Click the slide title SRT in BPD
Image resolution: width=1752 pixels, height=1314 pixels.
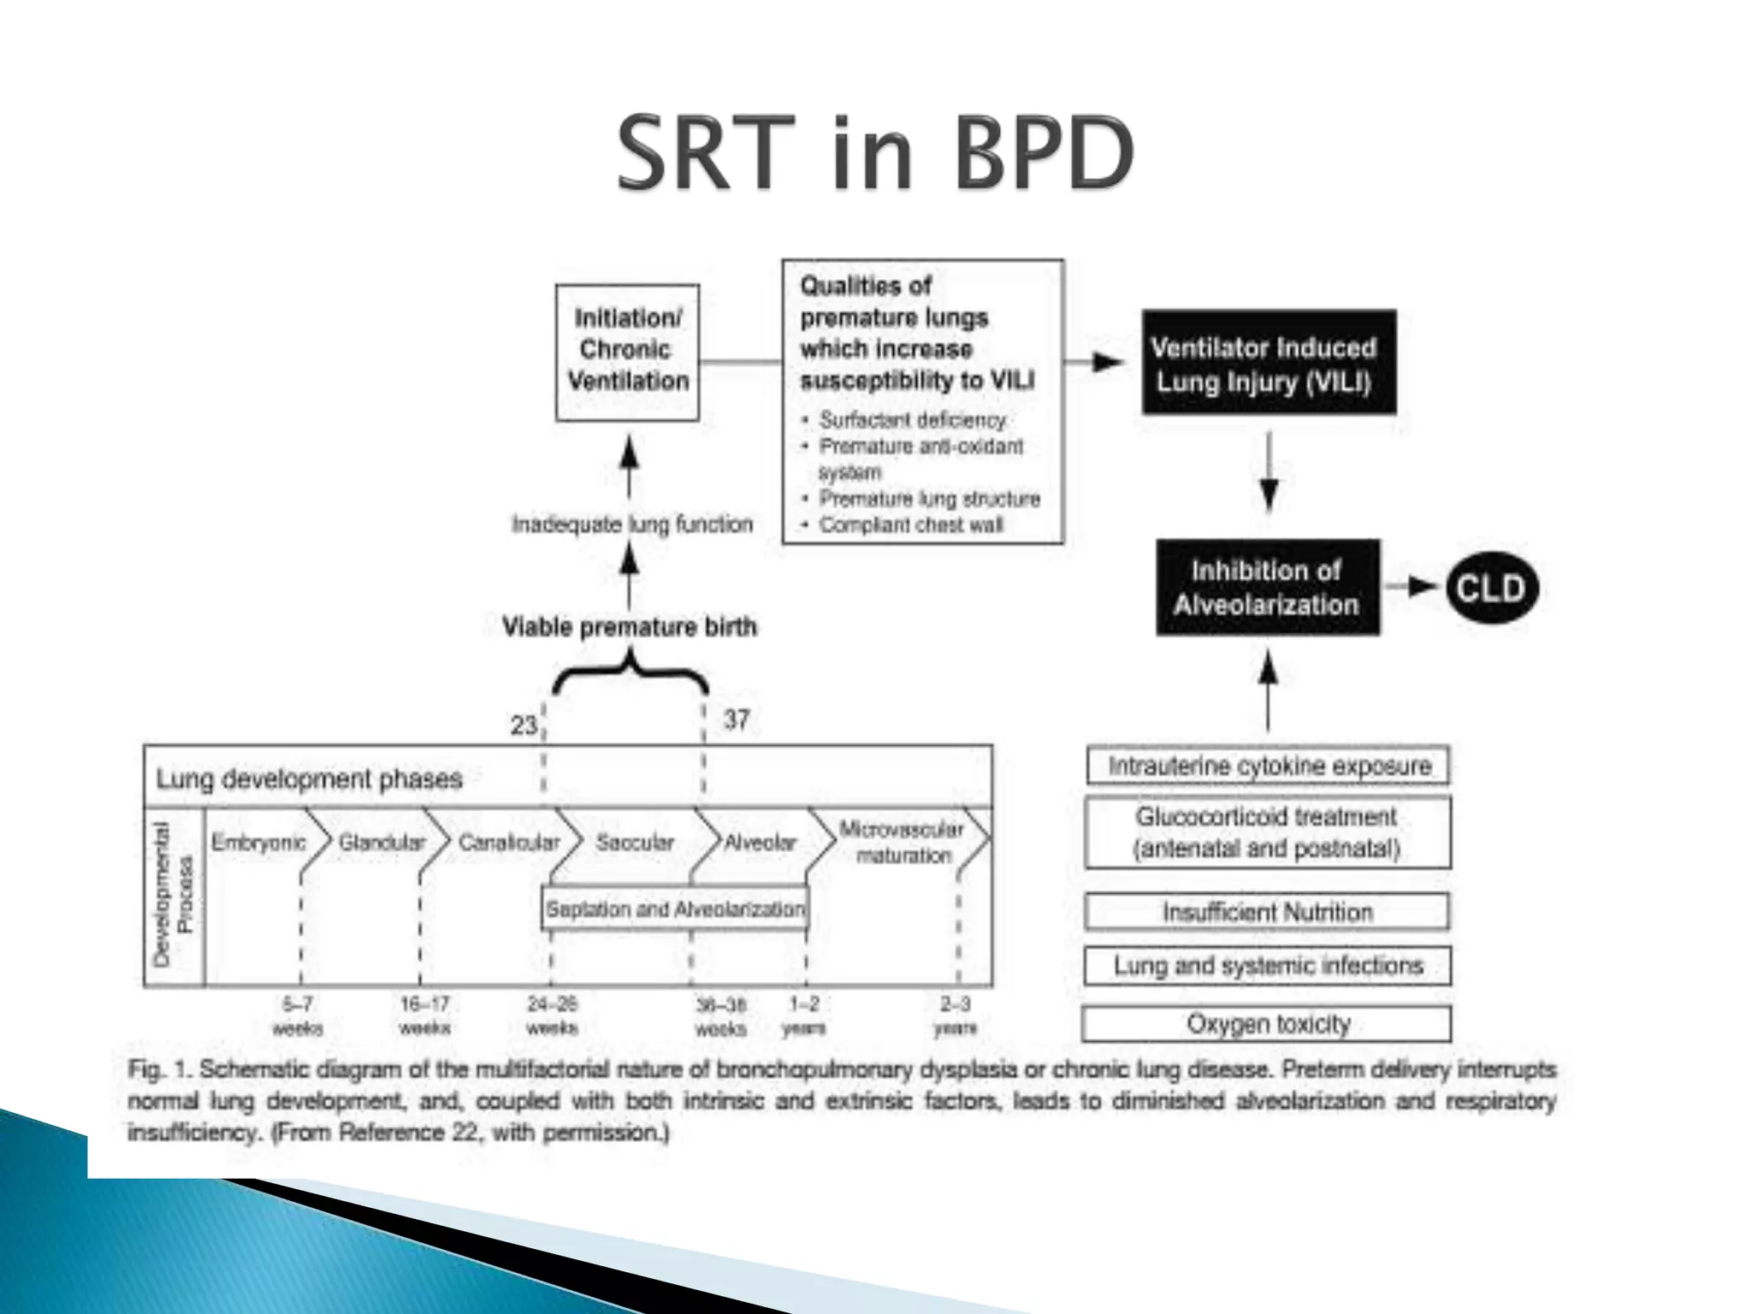click(x=875, y=154)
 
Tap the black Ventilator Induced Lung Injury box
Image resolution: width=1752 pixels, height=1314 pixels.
click(x=1268, y=364)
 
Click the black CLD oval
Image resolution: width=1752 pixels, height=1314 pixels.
click(x=1491, y=589)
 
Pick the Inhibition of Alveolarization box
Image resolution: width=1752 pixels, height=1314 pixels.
click(x=1267, y=588)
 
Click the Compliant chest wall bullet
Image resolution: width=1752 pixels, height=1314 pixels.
click(x=910, y=525)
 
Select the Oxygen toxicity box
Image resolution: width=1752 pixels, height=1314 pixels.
click(x=1267, y=1024)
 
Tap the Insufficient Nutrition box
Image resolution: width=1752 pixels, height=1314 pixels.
click(x=1267, y=913)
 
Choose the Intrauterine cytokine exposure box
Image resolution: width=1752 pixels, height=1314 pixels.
click(x=1269, y=766)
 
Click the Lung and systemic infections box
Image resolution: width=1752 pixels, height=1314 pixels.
click(x=1268, y=966)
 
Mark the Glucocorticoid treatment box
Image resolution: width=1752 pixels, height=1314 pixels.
click(x=1267, y=832)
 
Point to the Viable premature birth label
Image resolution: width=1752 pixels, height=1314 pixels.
click(x=629, y=627)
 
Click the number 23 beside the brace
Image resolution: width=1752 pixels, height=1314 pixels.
click(x=523, y=725)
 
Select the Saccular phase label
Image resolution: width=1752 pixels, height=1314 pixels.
click(x=635, y=843)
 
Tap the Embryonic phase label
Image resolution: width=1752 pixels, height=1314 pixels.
click(x=258, y=843)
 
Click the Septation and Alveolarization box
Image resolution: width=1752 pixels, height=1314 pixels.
click(x=675, y=909)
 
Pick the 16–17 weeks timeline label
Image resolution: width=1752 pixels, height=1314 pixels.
click(x=424, y=1015)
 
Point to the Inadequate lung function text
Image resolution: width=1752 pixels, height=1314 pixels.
click(x=632, y=524)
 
